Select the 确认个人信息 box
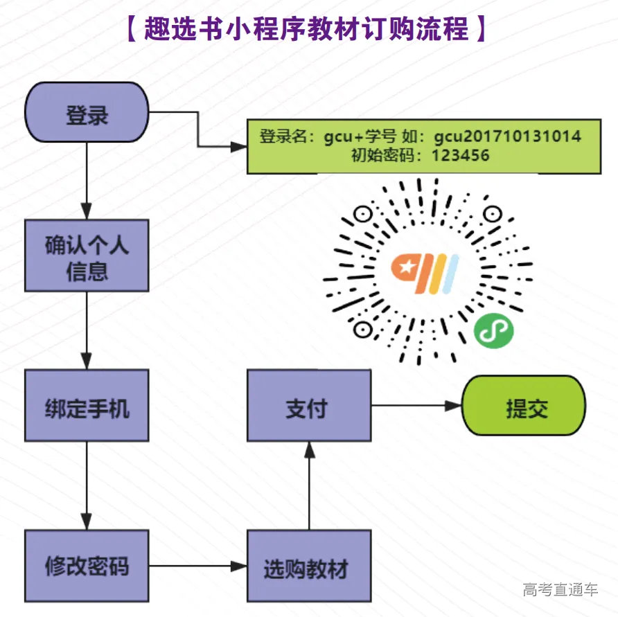coord(87,256)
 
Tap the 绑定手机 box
coord(87,406)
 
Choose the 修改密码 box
coord(87,566)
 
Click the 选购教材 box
coord(309,566)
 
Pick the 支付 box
coord(309,406)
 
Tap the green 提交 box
coord(524,406)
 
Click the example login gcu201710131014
coord(508,136)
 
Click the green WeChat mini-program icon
coord(493,330)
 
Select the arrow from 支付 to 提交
coord(416,406)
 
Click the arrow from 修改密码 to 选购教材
coord(197,566)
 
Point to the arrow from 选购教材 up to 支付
coord(310,485)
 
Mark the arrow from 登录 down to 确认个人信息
coord(87,180)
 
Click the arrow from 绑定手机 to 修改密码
coord(87,485)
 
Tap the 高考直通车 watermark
coord(560,590)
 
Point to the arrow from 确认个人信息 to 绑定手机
coord(87,330)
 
